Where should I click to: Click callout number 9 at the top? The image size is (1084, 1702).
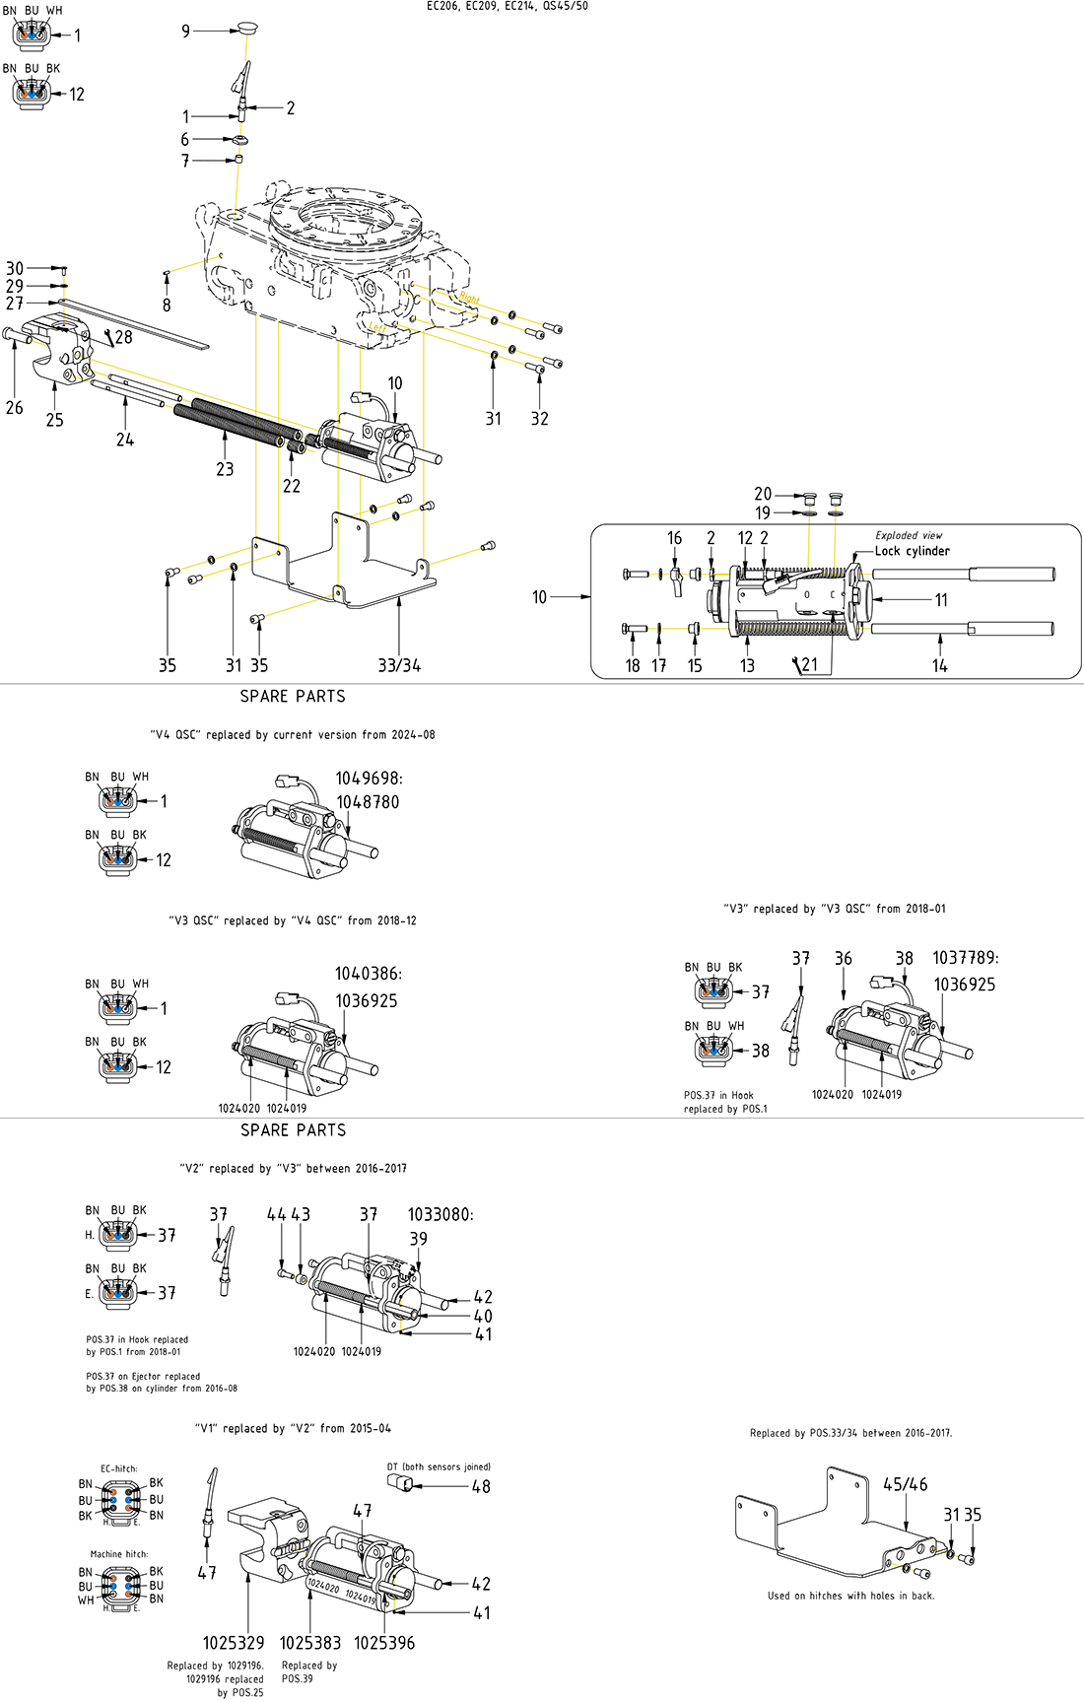click(185, 32)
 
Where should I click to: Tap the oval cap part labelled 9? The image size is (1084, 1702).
click(246, 28)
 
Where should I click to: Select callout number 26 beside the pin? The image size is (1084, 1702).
click(14, 407)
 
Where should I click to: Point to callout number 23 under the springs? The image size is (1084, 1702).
click(225, 469)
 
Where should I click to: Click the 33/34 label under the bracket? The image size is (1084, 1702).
click(399, 666)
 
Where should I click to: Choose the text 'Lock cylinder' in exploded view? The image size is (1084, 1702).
click(912, 551)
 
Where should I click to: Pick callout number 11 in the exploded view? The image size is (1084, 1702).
click(941, 599)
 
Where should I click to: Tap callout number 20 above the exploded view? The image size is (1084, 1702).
click(763, 494)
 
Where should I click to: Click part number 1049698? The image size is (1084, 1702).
click(368, 779)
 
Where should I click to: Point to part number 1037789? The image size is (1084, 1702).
click(965, 958)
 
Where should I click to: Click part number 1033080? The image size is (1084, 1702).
click(440, 1214)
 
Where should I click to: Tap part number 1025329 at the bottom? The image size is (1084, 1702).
click(234, 1643)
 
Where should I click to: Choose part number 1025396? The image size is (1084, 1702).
click(384, 1643)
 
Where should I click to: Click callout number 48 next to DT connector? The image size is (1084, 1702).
click(481, 1486)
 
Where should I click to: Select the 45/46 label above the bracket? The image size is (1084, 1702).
click(905, 1484)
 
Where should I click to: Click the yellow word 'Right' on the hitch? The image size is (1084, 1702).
click(469, 297)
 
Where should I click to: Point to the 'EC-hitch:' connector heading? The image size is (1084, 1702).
click(119, 1468)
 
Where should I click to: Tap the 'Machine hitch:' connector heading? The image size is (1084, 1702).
click(119, 1554)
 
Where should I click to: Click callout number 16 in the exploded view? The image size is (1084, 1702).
click(674, 538)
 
